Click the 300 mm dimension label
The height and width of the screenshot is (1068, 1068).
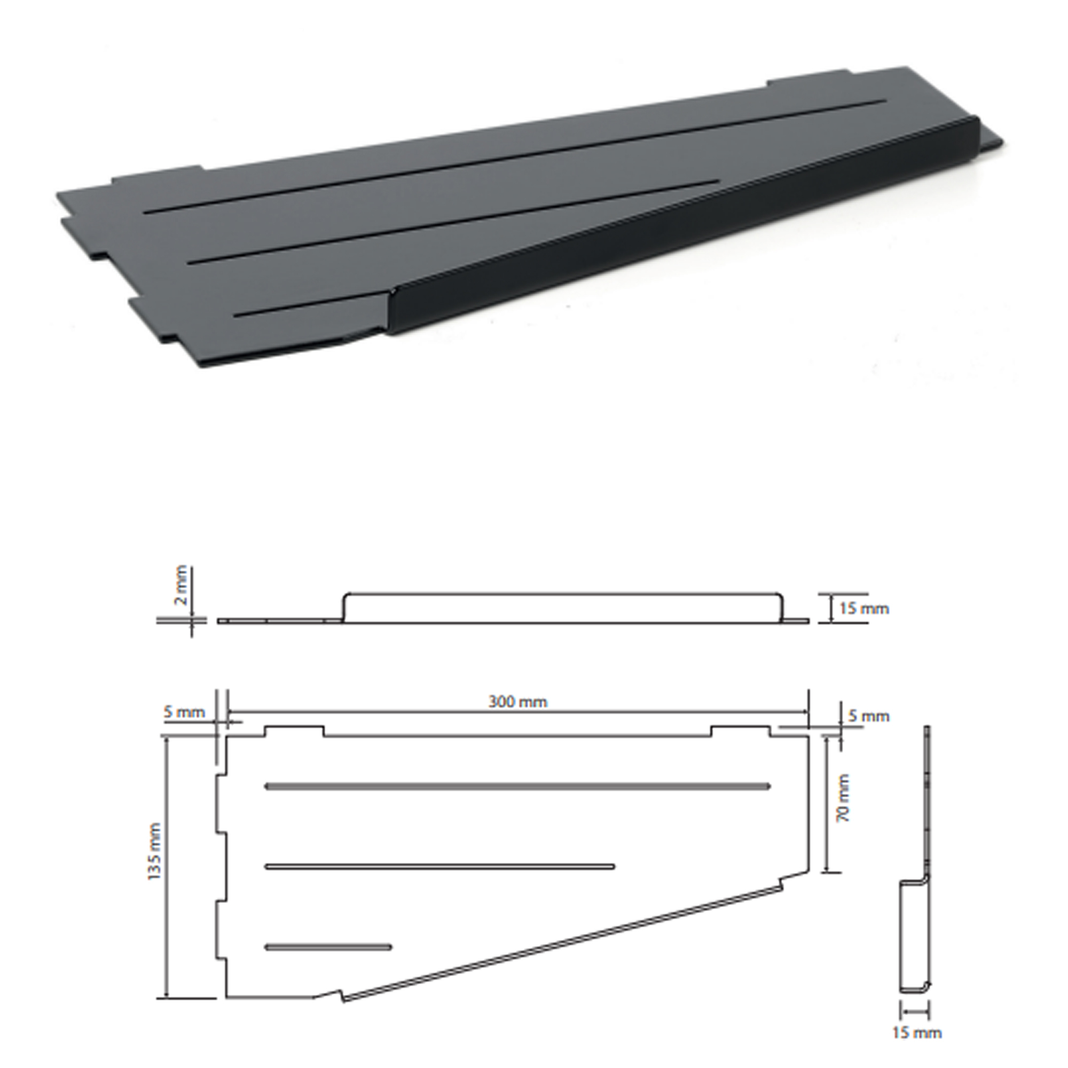pyautogui.click(x=518, y=702)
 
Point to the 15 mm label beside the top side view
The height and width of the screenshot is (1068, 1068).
pyautogui.click(x=864, y=609)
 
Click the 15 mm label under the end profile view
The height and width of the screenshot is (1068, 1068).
pyautogui.click(x=916, y=1032)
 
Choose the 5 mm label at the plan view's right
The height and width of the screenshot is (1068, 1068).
pyautogui.click(x=869, y=716)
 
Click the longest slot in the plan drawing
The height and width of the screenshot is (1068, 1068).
pyautogui.click(x=517, y=786)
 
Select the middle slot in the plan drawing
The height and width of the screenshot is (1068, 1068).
pyautogui.click(x=439, y=867)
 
